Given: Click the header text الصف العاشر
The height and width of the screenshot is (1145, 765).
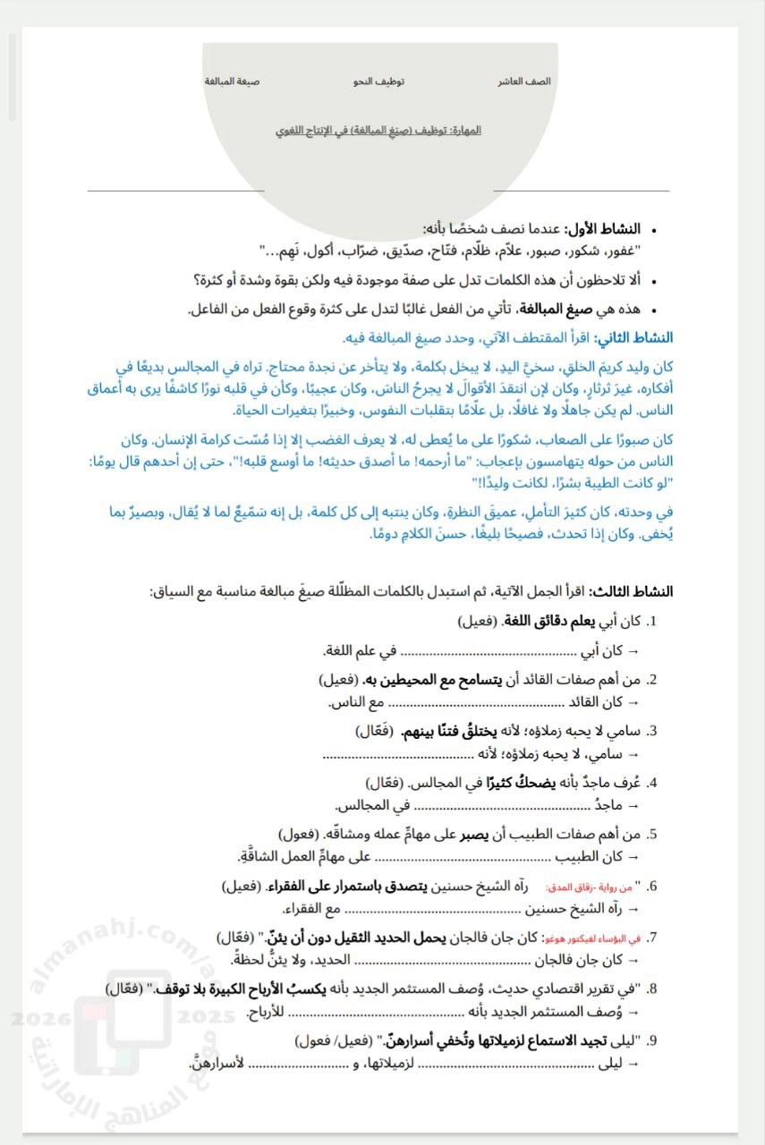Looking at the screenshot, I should [524, 81].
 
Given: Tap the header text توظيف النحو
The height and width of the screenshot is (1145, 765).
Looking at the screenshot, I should [378, 81].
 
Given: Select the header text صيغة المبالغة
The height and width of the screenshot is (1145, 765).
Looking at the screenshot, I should [232, 81].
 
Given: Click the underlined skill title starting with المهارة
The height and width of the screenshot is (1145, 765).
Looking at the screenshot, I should [378, 131].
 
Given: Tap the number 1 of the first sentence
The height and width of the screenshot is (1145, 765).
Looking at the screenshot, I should [651, 620].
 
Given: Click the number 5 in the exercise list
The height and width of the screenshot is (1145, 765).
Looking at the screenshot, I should [652, 834].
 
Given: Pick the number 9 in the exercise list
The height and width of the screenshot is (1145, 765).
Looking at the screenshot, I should [652, 1039].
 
